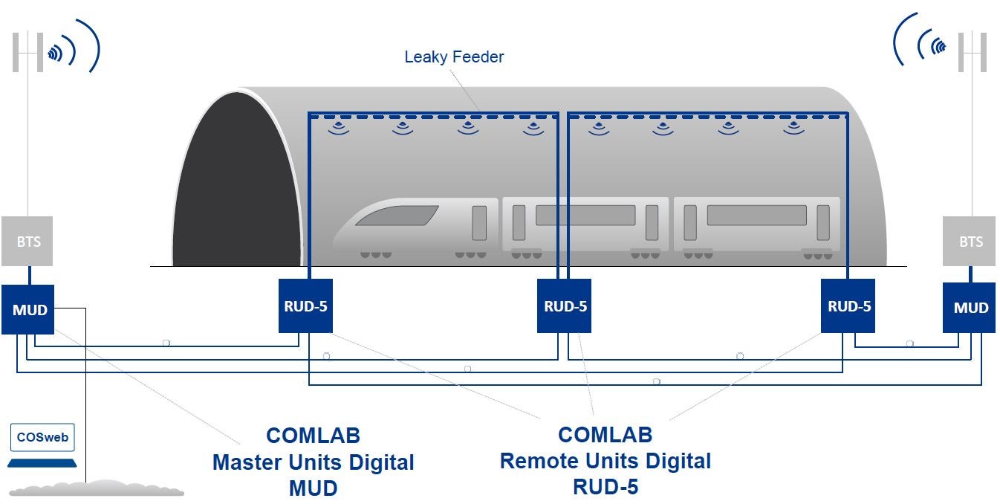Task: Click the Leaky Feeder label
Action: pos(454,56)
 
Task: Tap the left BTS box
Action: pos(29,242)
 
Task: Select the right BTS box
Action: pos(970,242)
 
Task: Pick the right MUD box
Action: pos(970,307)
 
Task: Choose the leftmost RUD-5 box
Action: pos(305,306)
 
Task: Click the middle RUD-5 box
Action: pos(565,306)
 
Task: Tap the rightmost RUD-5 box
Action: pos(848,306)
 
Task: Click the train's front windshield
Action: pos(397,216)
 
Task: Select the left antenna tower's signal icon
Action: pos(56,54)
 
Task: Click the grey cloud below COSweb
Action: pos(97,488)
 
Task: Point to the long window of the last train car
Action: pos(756,216)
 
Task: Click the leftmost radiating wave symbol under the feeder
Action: pos(340,127)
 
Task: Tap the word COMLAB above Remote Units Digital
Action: pos(605,435)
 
